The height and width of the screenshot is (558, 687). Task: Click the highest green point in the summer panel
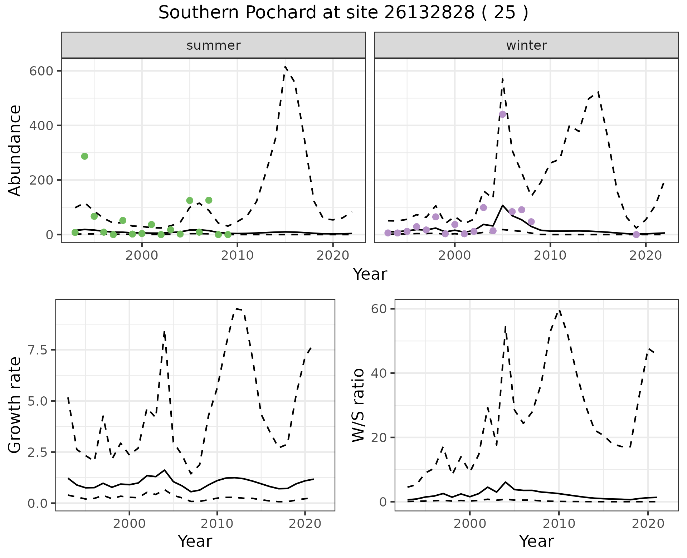[x=84, y=156]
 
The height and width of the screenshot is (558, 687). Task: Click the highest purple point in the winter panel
[x=502, y=114]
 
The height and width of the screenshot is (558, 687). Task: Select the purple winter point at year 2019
[x=636, y=235]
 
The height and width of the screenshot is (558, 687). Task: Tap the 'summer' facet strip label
[x=214, y=45]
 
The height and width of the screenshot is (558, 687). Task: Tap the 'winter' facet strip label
[x=526, y=45]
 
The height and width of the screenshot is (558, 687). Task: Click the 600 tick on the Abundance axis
[x=42, y=71]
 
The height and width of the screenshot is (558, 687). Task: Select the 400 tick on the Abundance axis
[x=42, y=126]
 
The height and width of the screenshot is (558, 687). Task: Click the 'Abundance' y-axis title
[x=15, y=151]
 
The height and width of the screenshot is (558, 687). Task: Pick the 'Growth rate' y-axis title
[x=15, y=405]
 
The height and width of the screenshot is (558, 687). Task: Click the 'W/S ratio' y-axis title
[x=358, y=405]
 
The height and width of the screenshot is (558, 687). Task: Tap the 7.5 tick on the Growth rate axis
[x=37, y=350]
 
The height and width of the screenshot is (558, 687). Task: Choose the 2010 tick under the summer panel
[x=237, y=255]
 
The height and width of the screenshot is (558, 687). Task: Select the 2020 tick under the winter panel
[x=646, y=255]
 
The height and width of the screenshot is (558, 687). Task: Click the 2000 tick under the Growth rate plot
[x=129, y=524]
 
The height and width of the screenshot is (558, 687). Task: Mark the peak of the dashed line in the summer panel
[x=285, y=67]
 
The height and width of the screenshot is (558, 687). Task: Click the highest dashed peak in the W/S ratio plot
[x=559, y=310]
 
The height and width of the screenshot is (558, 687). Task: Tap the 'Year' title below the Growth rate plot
[x=195, y=542]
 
